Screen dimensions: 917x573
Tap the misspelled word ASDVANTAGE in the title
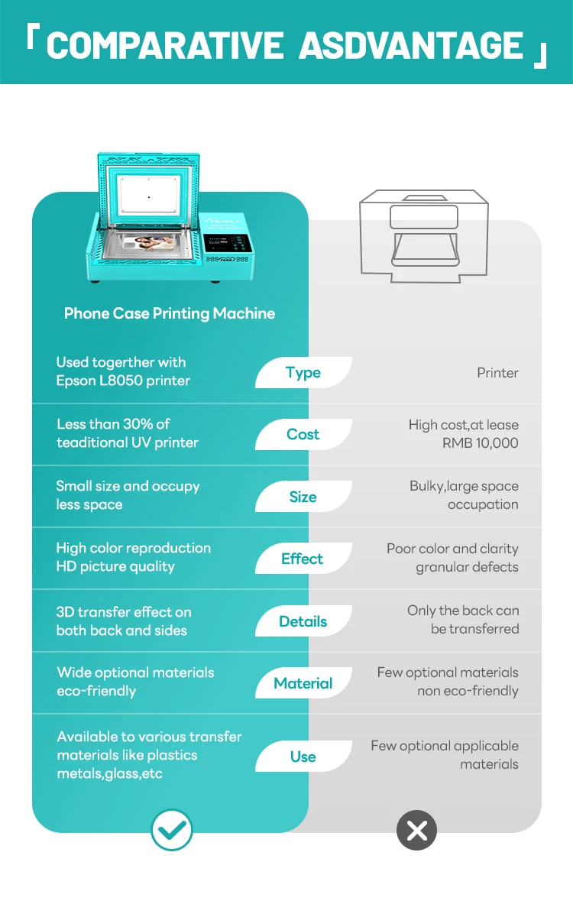[411, 46]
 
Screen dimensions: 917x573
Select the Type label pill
[303, 373]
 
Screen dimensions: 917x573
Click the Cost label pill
[303, 434]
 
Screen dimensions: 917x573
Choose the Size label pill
[303, 497]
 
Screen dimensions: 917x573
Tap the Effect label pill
[303, 559]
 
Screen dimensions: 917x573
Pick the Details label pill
[303, 621]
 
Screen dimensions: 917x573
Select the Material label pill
[303, 683]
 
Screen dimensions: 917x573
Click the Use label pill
[303, 757]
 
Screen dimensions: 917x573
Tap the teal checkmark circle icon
[171, 830]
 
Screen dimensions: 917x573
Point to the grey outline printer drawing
[425, 238]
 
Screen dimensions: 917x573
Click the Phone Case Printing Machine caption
[170, 313]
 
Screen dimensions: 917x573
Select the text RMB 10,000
[480, 443]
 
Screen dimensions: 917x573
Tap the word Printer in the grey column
[497, 373]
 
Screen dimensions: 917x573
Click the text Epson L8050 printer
[123, 381]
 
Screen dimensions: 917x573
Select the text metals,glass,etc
[109, 773]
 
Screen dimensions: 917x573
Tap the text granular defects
[467, 567]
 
